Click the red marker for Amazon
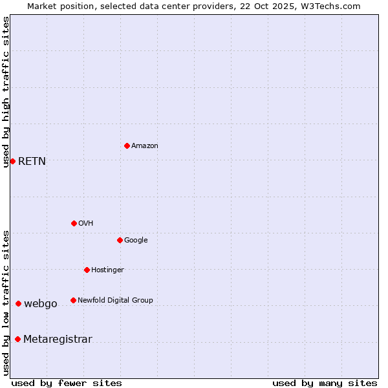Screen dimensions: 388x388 tap(127, 145)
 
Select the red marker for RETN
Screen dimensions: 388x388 tap(12, 161)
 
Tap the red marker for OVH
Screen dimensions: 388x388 tap(74, 223)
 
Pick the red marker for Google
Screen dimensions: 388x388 tap(120, 240)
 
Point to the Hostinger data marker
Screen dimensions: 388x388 tap(87, 270)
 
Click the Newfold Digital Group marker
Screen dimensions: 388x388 tap(73, 300)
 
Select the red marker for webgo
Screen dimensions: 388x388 tap(18, 303)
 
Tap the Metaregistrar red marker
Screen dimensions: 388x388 tap(17, 339)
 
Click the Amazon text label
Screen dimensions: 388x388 tap(144, 146)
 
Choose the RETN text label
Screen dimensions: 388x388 tap(32, 162)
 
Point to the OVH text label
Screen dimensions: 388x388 tap(85, 224)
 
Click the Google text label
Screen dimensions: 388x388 tap(136, 241)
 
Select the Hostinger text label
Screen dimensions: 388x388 tap(107, 270)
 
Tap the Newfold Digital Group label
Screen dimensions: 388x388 tap(115, 301)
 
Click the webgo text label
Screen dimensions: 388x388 tap(41, 304)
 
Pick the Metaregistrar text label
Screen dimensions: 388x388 tap(58, 339)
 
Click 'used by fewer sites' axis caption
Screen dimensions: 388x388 tap(67, 383)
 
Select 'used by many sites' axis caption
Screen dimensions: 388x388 tap(325, 383)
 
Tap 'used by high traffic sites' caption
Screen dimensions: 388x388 tap(6, 92)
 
